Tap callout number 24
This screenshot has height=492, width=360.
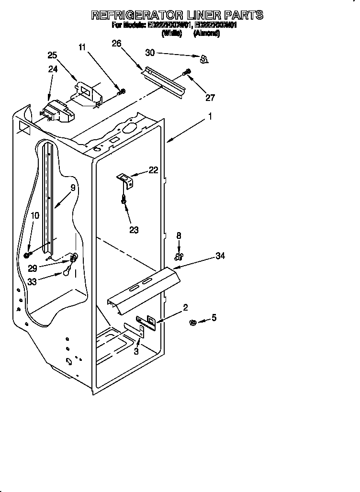tap(53, 69)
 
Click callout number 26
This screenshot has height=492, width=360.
tap(116, 44)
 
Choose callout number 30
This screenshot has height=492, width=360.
tap(150, 53)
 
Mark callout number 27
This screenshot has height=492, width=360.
tap(210, 98)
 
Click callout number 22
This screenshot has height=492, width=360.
tap(153, 169)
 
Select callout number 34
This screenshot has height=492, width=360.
tap(220, 257)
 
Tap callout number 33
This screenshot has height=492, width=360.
tap(32, 282)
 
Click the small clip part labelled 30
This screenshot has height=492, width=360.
tap(204, 59)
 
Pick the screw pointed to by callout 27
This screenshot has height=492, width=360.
tap(187, 73)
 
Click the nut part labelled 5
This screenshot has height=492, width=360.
tap(193, 323)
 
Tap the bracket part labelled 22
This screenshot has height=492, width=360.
tap(126, 180)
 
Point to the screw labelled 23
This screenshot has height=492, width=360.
tap(124, 200)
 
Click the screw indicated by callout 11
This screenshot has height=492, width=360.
tap(122, 91)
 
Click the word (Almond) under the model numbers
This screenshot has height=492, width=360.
tap(206, 34)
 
